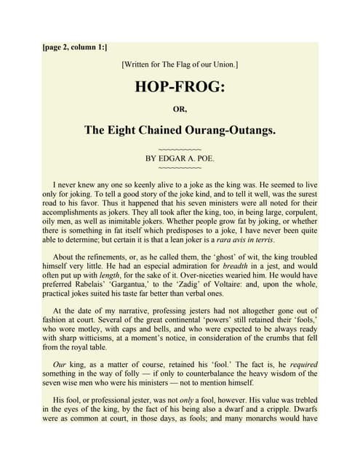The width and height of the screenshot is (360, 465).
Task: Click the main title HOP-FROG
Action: (x=180, y=88)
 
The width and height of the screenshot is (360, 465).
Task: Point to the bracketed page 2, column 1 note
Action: (x=75, y=47)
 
